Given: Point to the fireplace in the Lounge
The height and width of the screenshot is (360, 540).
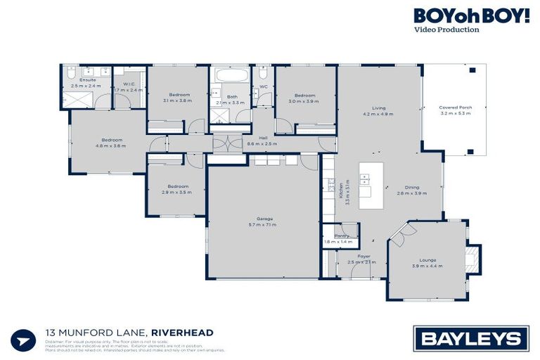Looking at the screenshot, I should pyautogui.click(x=474, y=257).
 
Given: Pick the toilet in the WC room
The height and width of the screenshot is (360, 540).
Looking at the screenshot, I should pyautogui.click(x=262, y=73).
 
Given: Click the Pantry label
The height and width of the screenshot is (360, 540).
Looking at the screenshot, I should pyautogui.click(x=341, y=236).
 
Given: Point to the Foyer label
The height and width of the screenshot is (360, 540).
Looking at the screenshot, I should pyautogui.click(x=364, y=257).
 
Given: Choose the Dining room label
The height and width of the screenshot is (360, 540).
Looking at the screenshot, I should pyautogui.click(x=412, y=188).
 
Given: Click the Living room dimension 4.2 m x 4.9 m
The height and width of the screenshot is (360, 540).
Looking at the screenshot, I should pyautogui.click(x=378, y=113).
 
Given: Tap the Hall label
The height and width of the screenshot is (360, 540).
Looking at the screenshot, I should pyautogui.click(x=263, y=138).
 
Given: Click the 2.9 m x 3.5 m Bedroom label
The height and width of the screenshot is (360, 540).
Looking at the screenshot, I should pyautogui.click(x=174, y=186).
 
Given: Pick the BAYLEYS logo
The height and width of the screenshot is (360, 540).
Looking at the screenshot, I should pyautogui.click(x=471, y=339).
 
